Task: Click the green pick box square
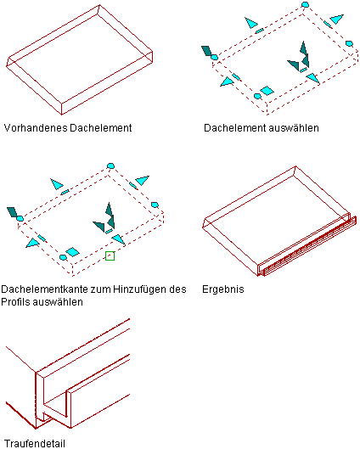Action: [x=110, y=255]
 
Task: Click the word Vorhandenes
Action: [x=36, y=127]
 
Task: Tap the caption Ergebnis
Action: [x=223, y=289]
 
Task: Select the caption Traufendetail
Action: [x=35, y=443]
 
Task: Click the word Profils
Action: [x=15, y=302]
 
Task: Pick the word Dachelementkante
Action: [x=45, y=289]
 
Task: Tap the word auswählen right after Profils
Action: [x=57, y=302]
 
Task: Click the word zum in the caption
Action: [x=101, y=289]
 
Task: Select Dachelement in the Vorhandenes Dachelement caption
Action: [x=101, y=127]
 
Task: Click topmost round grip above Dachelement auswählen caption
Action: [x=306, y=4]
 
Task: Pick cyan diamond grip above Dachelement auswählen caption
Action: [x=267, y=91]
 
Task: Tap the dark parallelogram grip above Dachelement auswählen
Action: [x=206, y=51]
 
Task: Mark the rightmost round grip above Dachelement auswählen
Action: [x=349, y=43]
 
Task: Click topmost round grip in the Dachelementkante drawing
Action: [x=110, y=166]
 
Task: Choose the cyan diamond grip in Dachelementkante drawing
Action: [x=72, y=252]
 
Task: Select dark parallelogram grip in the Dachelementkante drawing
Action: [x=12, y=212]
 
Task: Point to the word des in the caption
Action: [x=177, y=289]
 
